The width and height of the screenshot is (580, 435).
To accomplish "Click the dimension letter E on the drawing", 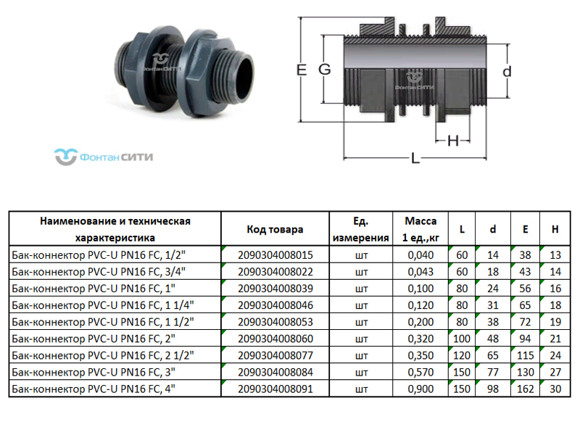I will (302, 70).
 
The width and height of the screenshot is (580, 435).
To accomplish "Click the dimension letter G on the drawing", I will (324, 70).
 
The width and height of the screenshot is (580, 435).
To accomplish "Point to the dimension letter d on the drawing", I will (507, 71).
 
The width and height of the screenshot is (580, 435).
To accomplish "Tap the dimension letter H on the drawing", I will (453, 141).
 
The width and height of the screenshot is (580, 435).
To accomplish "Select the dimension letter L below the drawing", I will (415, 158).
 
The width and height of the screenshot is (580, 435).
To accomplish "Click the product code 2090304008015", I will (275, 255).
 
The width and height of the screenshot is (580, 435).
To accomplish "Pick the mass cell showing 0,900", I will (420, 389).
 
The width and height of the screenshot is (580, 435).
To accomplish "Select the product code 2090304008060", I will (275, 339).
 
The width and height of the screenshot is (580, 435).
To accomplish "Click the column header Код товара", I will (275, 229).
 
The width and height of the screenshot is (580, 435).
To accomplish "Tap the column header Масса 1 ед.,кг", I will (420, 229).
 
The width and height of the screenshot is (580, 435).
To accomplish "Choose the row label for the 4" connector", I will (96, 389).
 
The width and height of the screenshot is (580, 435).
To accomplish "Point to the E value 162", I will (525, 389).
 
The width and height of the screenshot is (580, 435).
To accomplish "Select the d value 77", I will (493, 372).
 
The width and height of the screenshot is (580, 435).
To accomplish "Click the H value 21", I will (555, 339).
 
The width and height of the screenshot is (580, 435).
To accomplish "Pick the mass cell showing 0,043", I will (420, 272).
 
